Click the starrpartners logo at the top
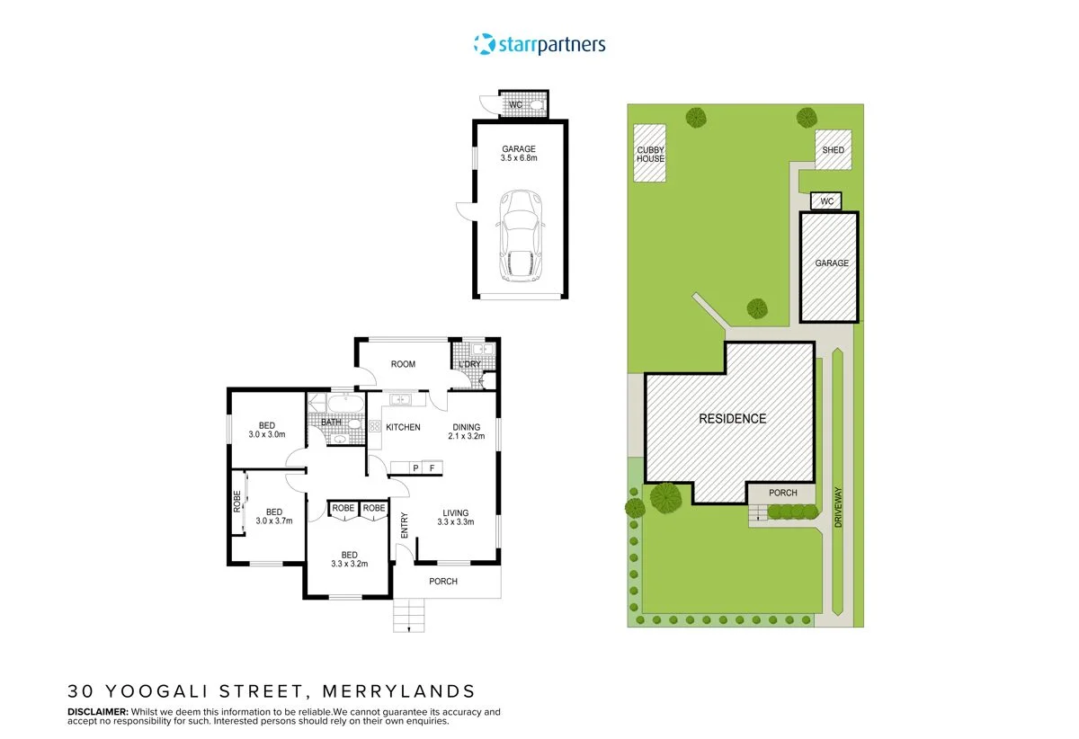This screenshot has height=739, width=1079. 539,44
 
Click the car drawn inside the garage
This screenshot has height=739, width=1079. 521,236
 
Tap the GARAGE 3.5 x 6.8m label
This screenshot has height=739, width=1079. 519,154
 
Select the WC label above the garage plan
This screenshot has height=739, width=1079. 515,104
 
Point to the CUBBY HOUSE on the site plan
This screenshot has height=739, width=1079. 650,154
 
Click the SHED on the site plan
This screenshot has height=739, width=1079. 833,150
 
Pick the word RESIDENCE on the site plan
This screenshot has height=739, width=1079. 732,419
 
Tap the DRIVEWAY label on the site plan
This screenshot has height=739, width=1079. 838,507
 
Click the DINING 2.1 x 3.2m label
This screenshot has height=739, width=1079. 467,432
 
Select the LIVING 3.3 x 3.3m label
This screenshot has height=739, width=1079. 456,518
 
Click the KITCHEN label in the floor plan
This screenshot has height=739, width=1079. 403,427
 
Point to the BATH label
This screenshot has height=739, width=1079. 331,422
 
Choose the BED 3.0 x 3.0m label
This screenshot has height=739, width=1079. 267,430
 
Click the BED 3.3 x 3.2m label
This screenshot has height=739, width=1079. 349,559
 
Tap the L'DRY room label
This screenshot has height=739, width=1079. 469,364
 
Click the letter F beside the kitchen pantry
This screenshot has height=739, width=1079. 432,467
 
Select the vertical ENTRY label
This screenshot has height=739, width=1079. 404,525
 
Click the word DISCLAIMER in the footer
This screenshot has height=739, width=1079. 98,711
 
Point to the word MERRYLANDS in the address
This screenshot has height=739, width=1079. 399,691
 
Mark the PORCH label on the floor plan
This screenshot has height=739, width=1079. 443,582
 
